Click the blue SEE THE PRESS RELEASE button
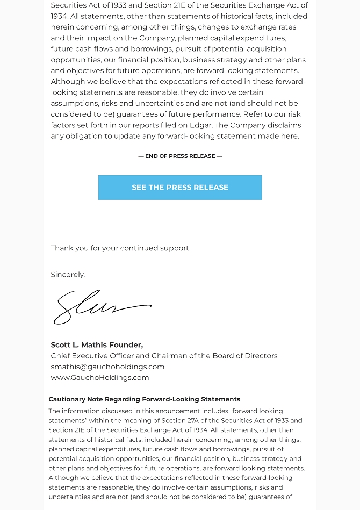(180, 188)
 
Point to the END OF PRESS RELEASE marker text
(180, 156)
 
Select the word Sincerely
(68, 275)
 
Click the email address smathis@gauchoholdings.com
(107, 367)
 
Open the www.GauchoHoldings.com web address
(100, 377)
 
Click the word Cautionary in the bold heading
(67, 399)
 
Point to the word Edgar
(200, 125)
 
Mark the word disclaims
(284, 125)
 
